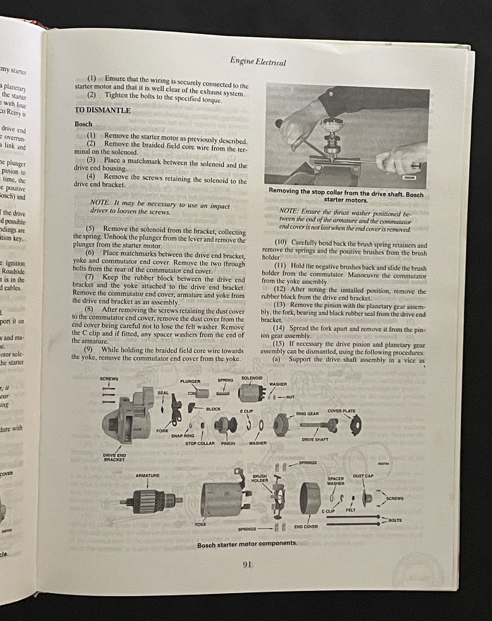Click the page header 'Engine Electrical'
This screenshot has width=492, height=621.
(x=258, y=62)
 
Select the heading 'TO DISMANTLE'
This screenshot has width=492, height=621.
(x=102, y=110)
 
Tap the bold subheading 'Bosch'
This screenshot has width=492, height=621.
(x=83, y=124)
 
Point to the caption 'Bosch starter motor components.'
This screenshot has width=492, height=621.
(x=247, y=544)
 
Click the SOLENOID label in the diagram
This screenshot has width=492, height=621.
(x=252, y=378)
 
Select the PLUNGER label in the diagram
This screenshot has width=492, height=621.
(x=190, y=381)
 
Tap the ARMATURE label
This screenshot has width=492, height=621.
(x=147, y=475)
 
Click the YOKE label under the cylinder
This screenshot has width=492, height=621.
(x=200, y=524)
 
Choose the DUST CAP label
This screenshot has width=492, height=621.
(x=363, y=476)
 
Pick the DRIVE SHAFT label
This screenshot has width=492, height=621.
(x=315, y=439)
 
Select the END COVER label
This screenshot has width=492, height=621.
(x=306, y=527)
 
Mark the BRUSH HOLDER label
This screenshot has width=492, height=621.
(x=259, y=478)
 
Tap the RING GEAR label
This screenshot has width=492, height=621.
(x=307, y=414)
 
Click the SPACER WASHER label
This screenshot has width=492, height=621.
(x=335, y=481)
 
